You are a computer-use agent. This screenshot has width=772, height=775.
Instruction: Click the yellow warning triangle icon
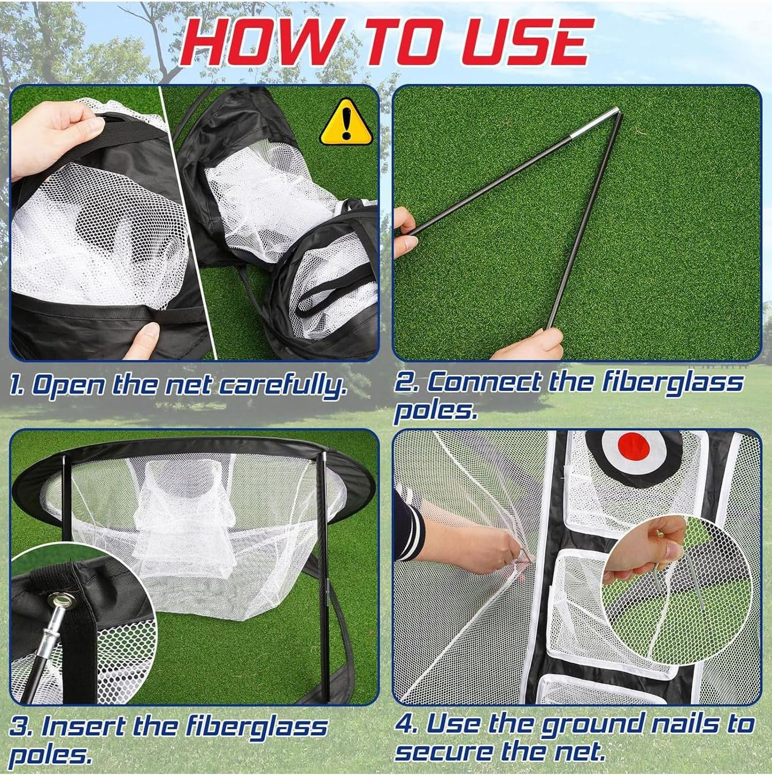(x=346, y=124)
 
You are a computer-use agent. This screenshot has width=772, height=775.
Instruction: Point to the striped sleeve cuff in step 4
(x=413, y=510)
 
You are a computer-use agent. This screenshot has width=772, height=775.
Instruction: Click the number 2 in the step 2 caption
(x=406, y=383)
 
